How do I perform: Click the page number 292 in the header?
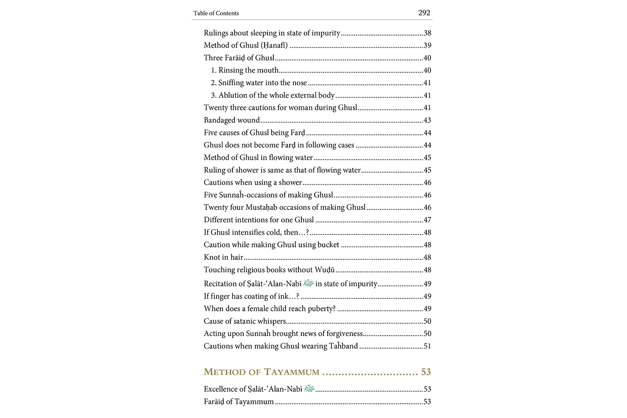pyautogui.click(x=424, y=13)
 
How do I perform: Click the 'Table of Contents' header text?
pyautogui.click(x=216, y=13)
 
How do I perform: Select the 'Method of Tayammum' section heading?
pyautogui.click(x=262, y=372)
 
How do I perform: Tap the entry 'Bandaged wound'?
pyautogui.click(x=232, y=120)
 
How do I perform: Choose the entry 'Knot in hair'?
pyautogui.click(x=223, y=257)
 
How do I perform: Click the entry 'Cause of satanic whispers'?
pyautogui.click(x=245, y=321)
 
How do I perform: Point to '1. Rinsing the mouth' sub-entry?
pyautogui.click(x=245, y=70)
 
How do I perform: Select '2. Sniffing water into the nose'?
pyautogui.click(x=259, y=83)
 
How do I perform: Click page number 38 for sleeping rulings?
pyautogui.click(x=427, y=33)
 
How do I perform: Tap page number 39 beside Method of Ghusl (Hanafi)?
pyautogui.click(x=427, y=46)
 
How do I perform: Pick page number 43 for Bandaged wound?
pyautogui.click(x=427, y=120)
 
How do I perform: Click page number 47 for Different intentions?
pyautogui.click(x=427, y=220)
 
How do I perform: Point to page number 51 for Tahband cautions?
pyautogui.click(x=427, y=346)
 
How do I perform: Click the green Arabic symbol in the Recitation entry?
pyautogui.click(x=308, y=283)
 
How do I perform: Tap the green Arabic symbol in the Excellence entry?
pyautogui.click(x=309, y=389)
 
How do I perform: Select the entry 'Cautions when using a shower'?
pyautogui.click(x=252, y=183)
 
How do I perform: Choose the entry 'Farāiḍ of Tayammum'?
pyautogui.click(x=239, y=402)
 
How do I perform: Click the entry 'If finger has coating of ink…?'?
pyautogui.click(x=251, y=296)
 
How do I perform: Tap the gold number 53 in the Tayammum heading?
pyautogui.click(x=426, y=372)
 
